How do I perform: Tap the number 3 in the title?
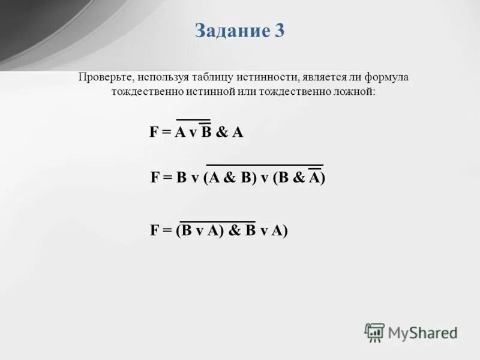[280, 31]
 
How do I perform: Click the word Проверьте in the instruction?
[106, 78]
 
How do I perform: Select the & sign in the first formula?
[221, 133]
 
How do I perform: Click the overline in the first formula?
[193, 120]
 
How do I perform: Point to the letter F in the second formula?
[155, 178]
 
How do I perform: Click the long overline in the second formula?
[265, 164]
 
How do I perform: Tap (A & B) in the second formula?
[228, 178]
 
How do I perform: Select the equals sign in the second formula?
[167, 178]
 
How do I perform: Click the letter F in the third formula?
[154, 230]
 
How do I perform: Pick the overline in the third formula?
[218, 221]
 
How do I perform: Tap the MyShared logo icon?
[374, 332]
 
